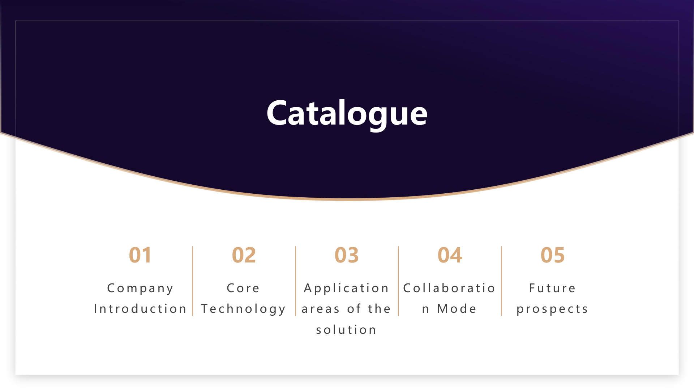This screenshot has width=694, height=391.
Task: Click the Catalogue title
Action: pos(347,113)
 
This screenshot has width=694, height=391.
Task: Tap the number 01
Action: pos(140,255)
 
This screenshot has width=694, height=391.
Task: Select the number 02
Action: pos(244,255)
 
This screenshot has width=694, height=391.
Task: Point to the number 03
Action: pos(347,255)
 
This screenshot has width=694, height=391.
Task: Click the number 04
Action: pos(450,255)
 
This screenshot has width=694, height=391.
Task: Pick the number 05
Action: pos(553,255)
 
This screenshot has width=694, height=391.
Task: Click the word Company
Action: pos(140,289)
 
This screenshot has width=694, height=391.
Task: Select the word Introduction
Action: pos(140,308)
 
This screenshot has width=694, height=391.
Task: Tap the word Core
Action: pos(243,288)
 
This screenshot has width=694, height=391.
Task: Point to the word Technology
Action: pos(244,309)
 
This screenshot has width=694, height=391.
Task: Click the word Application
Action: pos(347,289)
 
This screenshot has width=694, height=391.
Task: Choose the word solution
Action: pos(346,329)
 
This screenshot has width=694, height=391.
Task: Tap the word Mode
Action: pos(457,308)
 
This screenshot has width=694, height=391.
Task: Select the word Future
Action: pos(552,288)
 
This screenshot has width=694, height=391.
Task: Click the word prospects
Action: pos(552,309)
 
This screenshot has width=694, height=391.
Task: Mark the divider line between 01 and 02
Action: pos(192,281)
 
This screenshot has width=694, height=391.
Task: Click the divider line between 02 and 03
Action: pos(295,281)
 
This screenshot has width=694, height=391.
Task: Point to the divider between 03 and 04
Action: pos(398,281)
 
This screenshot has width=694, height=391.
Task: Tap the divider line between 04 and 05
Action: pos(501,281)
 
